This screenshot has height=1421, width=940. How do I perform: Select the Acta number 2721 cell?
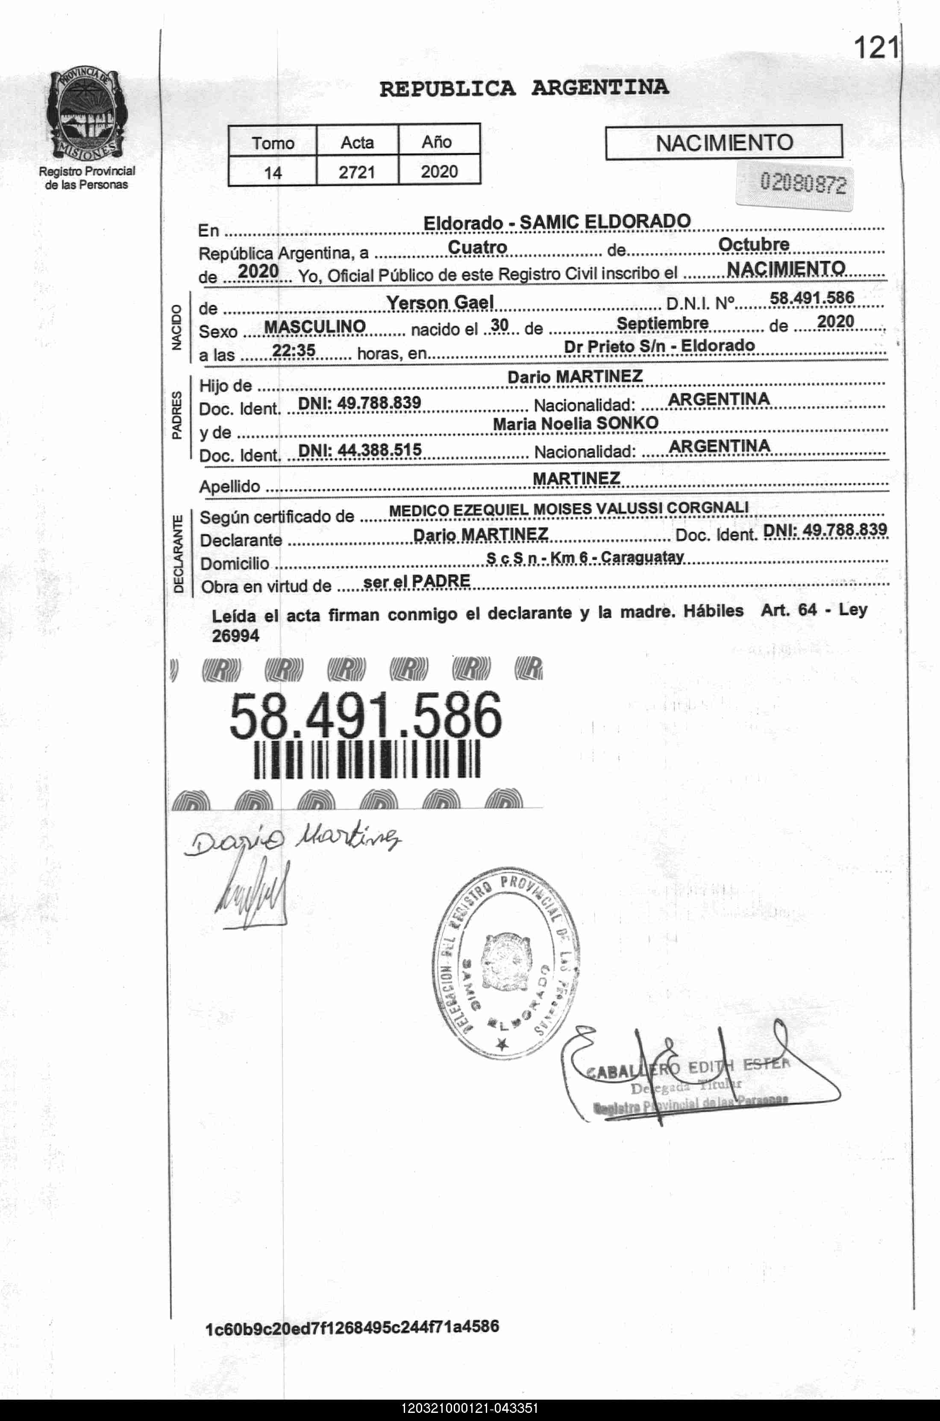tap(357, 172)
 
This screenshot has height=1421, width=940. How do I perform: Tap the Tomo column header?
tap(273, 143)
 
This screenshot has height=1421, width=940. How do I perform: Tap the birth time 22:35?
tap(294, 350)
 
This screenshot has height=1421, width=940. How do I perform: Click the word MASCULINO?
tap(315, 326)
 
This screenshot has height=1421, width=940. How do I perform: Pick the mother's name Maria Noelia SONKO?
tap(576, 423)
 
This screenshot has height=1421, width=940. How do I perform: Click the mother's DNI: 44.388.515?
tap(360, 449)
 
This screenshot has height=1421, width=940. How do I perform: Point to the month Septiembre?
tap(662, 323)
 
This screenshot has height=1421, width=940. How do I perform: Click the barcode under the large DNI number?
tap(367, 759)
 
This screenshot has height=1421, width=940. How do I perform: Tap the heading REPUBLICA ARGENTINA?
tap(524, 88)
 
